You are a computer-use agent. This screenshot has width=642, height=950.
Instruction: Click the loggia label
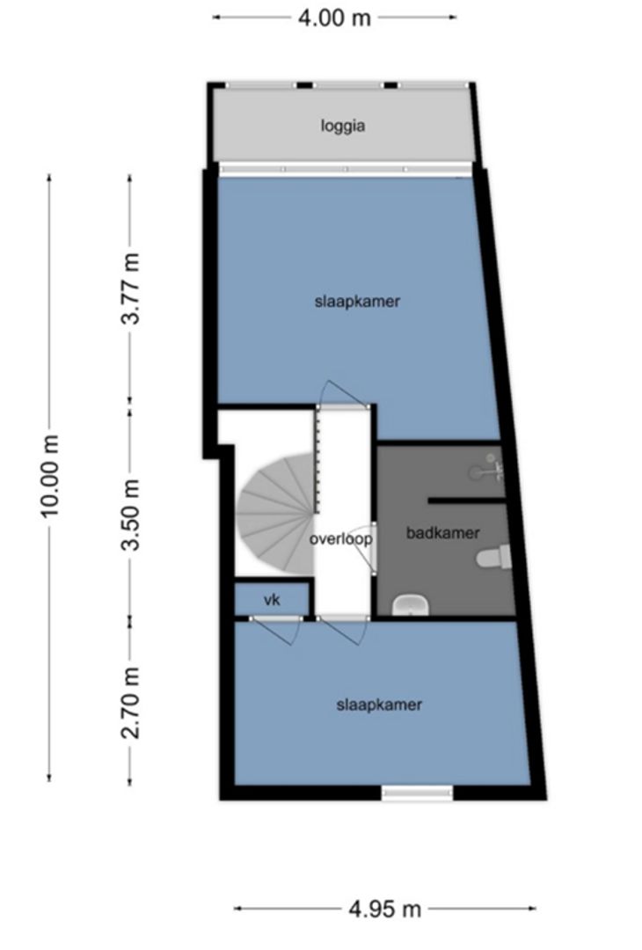click(342, 126)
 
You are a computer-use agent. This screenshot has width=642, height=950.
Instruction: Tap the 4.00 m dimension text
click(334, 17)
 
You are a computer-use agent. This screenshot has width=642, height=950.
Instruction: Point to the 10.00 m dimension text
click(50, 476)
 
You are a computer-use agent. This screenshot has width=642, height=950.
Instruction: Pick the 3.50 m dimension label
click(130, 515)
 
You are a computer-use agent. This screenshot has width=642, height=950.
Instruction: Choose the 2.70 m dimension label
click(130, 703)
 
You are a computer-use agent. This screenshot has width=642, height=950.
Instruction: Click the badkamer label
click(442, 533)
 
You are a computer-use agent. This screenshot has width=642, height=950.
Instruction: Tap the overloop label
click(340, 538)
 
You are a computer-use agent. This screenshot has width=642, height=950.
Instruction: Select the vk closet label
click(272, 600)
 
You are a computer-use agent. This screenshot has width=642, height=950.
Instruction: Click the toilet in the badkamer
click(493, 558)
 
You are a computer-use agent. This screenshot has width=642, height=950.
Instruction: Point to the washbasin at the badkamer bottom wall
click(410, 604)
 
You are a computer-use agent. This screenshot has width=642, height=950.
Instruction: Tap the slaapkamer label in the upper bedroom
click(357, 301)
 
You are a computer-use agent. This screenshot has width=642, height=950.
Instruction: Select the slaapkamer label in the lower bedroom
click(379, 705)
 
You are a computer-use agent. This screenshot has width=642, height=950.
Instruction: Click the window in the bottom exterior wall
click(417, 793)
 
